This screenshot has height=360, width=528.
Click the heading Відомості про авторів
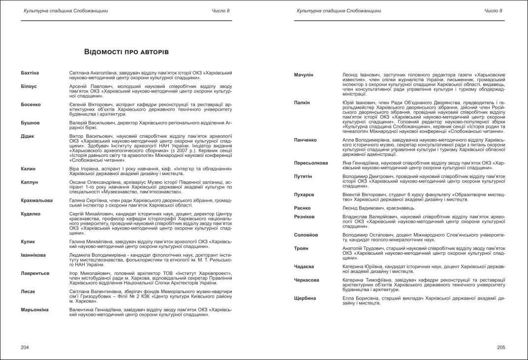pos(126,52)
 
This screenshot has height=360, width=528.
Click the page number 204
pos(25,347)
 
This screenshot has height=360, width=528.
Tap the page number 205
pos(501,347)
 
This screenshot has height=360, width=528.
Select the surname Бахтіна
pos(30,73)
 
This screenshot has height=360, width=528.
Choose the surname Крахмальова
pos(37,200)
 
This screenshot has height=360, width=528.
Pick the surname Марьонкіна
pos(34,309)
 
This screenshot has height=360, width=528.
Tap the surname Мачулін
pos(304,75)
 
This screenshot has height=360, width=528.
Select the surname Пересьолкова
pos(311,163)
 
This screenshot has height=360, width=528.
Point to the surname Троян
pos(301,248)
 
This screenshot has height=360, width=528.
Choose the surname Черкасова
pos(307,280)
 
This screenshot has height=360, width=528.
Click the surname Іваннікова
pos(33,255)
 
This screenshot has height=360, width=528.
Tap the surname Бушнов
pos(31,122)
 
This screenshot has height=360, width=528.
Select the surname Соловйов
pos(306,235)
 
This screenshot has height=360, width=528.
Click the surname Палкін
pos(302,102)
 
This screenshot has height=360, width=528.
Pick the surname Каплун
pos(30,182)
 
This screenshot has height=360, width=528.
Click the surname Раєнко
pos(303,208)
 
